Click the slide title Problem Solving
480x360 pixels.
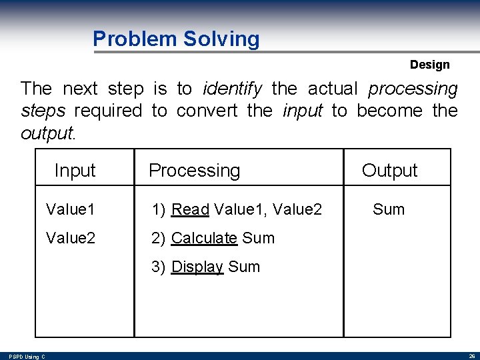pyautogui.click(x=176, y=39)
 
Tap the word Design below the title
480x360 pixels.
pyautogui.click(x=429, y=65)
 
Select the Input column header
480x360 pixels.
pyautogui.click(x=75, y=171)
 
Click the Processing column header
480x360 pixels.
pyautogui.click(x=194, y=171)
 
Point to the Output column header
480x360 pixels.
pyautogui.click(x=389, y=171)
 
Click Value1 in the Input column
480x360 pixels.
pyautogui.click(x=70, y=209)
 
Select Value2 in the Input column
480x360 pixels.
pyautogui.click(x=70, y=238)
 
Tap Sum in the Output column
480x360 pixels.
pyautogui.click(x=389, y=209)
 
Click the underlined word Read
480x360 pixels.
pyautogui.click(x=190, y=209)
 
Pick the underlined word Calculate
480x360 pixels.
pyautogui.click(x=204, y=238)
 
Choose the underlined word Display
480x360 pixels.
pyautogui.click(x=197, y=267)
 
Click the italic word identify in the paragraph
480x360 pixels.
pyautogui.click(x=233, y=88)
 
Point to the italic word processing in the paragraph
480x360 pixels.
pyautogui.click(x=413, y=88)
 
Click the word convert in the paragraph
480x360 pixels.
pyautogui.click(x=207, y=110)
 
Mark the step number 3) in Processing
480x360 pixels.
pyautogui.click(x=159, y=267)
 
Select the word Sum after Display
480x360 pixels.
pyautogui.click(x=244, y=267)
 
